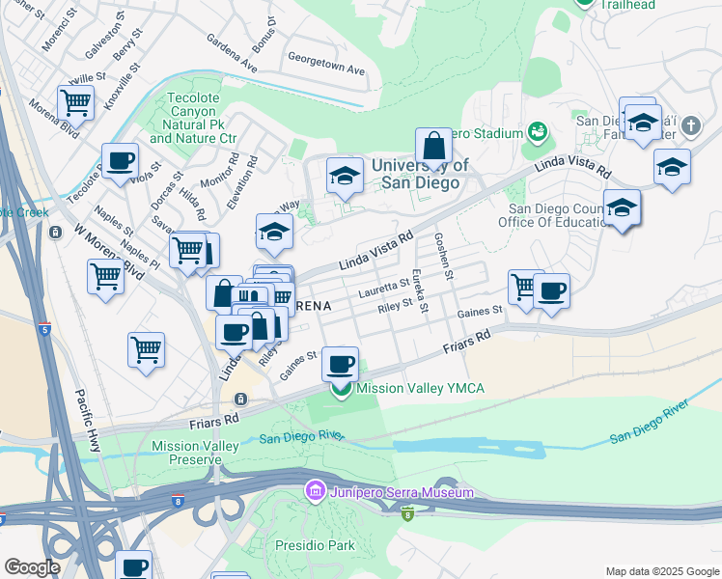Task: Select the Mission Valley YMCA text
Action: pos(420,389)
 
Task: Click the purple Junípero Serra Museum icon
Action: pos(314,493)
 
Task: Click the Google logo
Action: pos(32,567)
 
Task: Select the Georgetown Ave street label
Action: pos(330,70)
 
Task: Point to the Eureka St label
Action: pos(419,290)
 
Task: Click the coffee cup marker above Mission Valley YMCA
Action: pos(339,364)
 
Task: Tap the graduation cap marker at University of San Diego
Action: pos(345,175)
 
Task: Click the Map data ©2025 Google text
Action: pos(661,571)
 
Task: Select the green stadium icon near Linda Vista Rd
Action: pos(537,131)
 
